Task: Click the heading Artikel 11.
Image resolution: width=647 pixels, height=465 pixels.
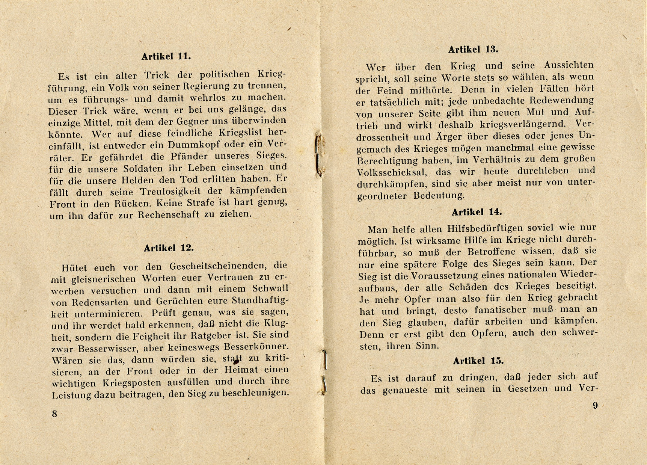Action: pos(166,57)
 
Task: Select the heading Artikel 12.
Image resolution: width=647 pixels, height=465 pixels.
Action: pos(169,248)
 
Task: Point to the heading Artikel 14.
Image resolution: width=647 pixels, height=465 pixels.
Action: pos(477,212)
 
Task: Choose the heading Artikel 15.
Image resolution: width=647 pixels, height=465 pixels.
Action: pos(478,361)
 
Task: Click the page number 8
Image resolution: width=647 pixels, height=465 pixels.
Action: pos(54,414)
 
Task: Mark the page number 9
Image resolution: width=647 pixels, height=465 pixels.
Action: pos(595,405)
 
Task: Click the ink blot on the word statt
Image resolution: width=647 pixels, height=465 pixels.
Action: pos(236,361)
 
